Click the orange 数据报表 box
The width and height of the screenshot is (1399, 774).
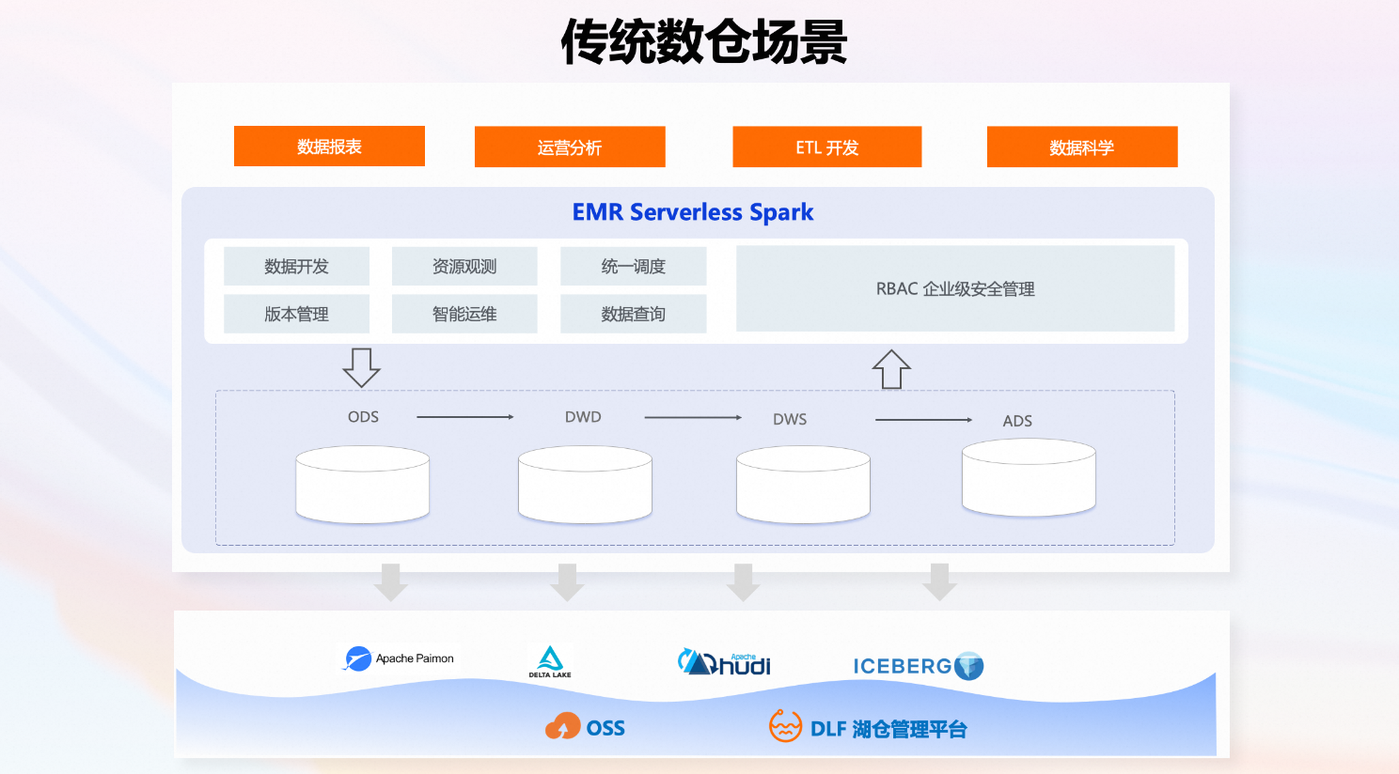click(329, 147)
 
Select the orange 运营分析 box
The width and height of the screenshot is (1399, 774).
click(570, 147)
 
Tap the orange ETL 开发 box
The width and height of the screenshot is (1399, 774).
click(826, 147)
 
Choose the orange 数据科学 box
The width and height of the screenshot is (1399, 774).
click(1081, 147)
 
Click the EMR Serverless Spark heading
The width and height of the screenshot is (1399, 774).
click(693, 212)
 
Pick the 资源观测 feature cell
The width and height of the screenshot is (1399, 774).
click(464, 267)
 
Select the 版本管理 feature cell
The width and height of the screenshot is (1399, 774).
click(296, 314)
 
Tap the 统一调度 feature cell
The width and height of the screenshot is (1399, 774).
click(633, 267)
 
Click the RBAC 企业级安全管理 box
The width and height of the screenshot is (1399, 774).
click(954, 288)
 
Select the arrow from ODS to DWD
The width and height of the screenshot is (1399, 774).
click(464, 417)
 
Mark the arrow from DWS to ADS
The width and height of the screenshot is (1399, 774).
click(923, 420)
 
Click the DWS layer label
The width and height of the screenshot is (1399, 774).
click(790, 419)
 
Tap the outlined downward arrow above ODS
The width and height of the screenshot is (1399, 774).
click(361, 367)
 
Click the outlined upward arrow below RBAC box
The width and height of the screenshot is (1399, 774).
click(891, 369)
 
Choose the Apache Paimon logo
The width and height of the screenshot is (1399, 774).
click(357, 658)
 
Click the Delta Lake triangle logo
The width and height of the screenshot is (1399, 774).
click(550, 658)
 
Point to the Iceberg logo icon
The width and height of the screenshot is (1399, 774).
click(969, 666)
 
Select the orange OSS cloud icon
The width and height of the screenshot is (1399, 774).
click(562, 727)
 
